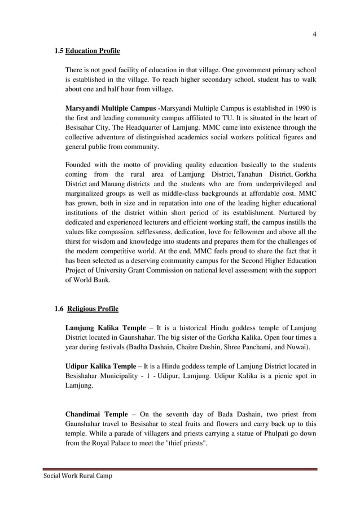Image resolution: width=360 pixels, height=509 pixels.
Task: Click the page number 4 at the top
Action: pyautogui.click(x=314, y=34)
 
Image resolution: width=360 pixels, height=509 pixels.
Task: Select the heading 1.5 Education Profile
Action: pyautogui.click(x=87, y=51)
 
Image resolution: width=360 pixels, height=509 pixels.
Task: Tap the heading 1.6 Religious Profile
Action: pyautogui.click(x=86, y=309)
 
